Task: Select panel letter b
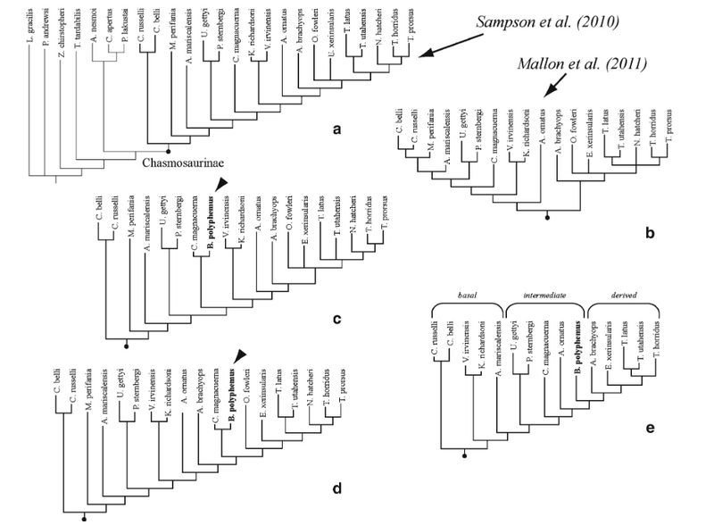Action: coord(650,234)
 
